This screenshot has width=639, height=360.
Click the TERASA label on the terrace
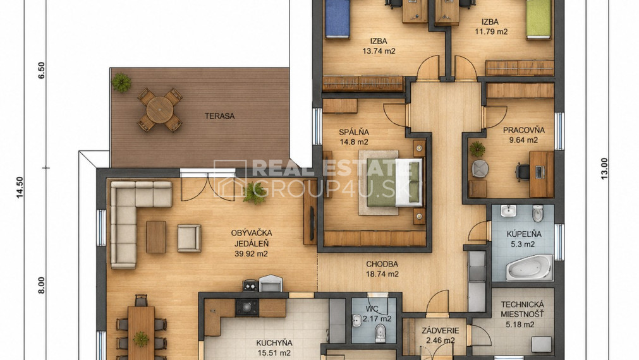(220, 116)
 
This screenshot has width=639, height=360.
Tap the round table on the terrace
(160, 109)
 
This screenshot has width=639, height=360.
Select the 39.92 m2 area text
(251, 254)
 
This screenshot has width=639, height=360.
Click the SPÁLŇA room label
(354, 132)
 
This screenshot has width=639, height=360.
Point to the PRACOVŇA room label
(524, 130)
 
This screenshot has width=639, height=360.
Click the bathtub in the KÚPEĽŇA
(529, 267)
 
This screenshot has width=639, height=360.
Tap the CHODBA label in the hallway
(382, 264)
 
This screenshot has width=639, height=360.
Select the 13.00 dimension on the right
(604, 169)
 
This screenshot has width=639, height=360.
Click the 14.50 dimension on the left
(20, 188)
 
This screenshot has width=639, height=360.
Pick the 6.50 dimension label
(42, 70)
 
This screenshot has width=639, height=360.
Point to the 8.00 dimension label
(42, 285)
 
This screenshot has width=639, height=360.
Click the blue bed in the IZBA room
(338, 19)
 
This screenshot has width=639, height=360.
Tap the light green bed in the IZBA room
(539, 20)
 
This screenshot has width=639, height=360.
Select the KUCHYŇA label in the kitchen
(274, 343)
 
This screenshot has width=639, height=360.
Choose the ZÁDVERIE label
(440, 331)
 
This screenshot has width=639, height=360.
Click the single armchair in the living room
(189, 238)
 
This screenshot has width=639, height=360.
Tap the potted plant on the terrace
(121, 82)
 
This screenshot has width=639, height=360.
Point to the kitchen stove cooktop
(246, 308)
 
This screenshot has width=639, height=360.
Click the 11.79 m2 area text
(491, 32)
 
